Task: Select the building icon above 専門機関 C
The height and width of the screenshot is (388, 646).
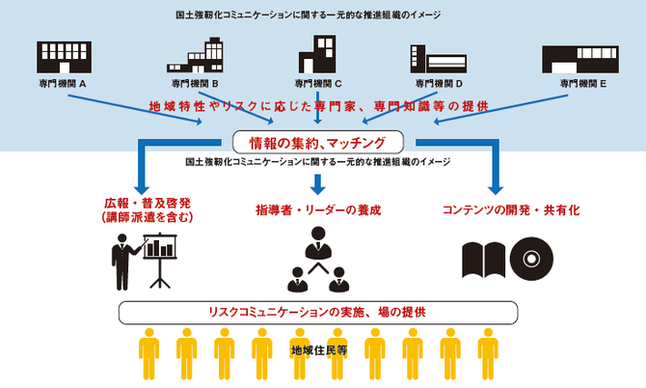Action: (318, 55)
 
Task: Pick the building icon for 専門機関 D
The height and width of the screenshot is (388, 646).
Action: (439, 58)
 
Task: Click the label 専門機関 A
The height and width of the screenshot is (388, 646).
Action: (64, 83)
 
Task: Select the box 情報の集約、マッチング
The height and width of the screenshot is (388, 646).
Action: (317, 143)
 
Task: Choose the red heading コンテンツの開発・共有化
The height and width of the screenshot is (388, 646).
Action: (497, 209)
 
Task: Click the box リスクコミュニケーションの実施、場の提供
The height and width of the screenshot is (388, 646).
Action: (317, 313)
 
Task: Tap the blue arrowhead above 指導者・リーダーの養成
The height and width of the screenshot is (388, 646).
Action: (317, 187)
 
